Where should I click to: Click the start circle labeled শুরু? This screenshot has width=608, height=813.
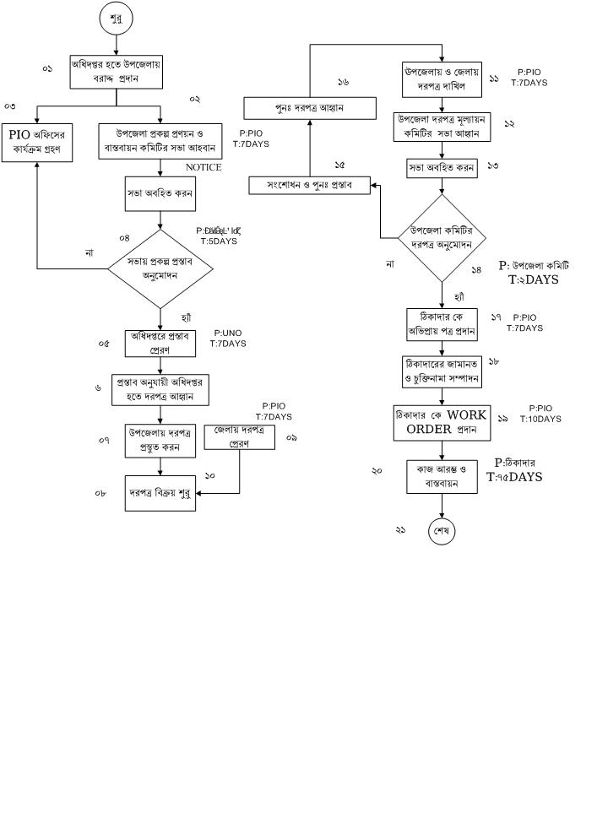tap(116, 19)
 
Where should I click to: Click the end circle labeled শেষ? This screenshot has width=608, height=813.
tap(442, 531)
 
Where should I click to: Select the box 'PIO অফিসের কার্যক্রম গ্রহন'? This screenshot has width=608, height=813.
tap(37, 142)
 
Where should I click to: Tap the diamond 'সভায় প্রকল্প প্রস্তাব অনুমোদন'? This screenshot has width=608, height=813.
tap(160, 268)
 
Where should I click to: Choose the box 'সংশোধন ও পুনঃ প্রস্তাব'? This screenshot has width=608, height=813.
tap(309, 185)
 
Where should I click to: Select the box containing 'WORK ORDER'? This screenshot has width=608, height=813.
tap(442, 422)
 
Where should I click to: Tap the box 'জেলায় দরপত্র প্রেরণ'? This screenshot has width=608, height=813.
tap(240, 436)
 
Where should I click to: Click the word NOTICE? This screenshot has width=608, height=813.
tap(204, 167)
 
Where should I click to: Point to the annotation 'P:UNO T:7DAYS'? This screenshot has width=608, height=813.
tap(228, 339)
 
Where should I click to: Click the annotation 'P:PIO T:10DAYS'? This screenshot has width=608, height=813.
tap(540, 414)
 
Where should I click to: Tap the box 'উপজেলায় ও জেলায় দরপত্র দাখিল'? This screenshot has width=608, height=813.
tap(442, 79)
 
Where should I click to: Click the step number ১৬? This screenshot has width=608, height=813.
tap(343, 82)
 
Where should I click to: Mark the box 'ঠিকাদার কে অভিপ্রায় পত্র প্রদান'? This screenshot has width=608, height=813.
tap(442, 323)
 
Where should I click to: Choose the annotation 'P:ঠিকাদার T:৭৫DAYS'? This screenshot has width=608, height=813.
tap(515, 470)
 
